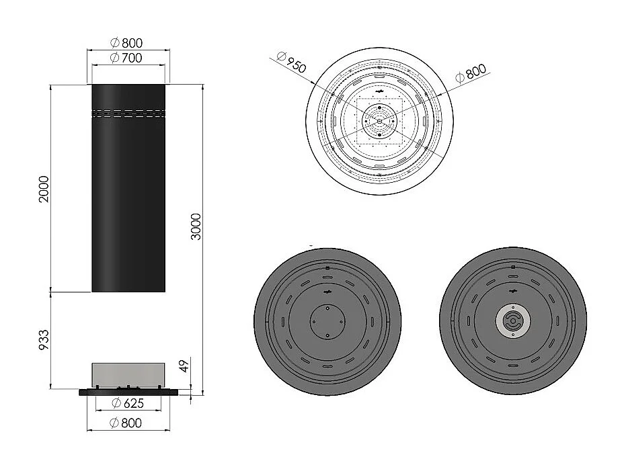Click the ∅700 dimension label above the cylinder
tap(126, 58)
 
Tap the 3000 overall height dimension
tap(196, 232)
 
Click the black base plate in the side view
tap(128, 391)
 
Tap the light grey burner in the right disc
tap(512, 321)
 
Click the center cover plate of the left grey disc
tap(327, 321)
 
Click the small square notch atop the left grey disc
tap(327, 268)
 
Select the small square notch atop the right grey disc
tap(512, 268)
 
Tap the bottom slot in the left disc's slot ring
tap(327, 368)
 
